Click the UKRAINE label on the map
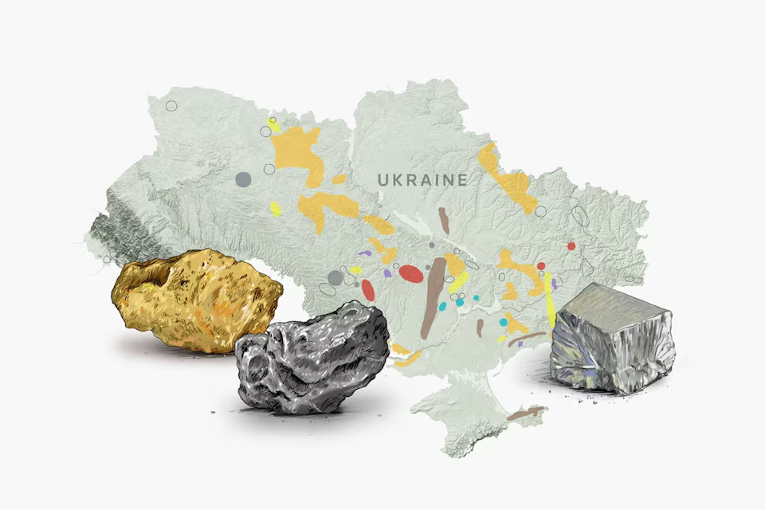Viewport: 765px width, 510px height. [422, 180]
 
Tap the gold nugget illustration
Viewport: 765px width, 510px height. [195, 299]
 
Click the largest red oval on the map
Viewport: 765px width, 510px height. [410, 274]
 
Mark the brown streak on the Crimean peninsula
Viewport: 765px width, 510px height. [526, 413]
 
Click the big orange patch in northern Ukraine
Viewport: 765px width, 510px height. [296, 151]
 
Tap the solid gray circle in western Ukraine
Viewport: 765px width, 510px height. [243, 179]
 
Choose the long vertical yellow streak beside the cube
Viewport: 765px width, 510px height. [550, 301]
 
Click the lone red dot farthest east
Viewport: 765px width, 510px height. [571, 246]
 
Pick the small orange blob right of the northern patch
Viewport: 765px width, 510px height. [339, 179]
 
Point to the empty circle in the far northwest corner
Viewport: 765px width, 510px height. [171, 106]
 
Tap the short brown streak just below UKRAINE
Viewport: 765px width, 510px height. [444, 221]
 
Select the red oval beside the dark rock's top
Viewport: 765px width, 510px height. [367, 289]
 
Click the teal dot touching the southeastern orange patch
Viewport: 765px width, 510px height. [503, 322]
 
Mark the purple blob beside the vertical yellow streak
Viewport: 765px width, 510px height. [554, 283]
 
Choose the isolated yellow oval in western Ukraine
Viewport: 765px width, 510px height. [275, 209]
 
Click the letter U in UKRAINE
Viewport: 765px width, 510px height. [383, 180]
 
